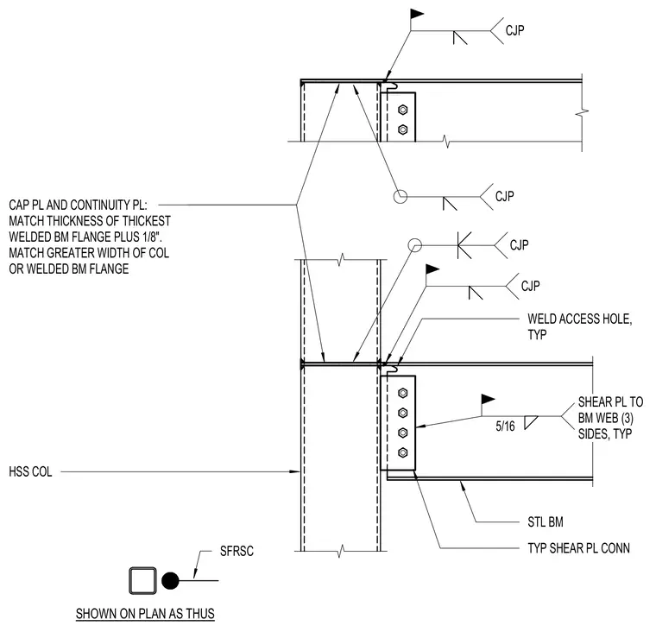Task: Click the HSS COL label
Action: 30,472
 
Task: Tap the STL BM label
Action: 546,522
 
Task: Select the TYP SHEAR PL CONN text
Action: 578,548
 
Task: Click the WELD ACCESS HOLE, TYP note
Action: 579,327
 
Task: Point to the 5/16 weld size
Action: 505,426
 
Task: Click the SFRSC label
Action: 237,551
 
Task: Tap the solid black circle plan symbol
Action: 170,580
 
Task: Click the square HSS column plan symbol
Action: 142,580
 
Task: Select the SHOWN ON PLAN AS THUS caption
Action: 145,614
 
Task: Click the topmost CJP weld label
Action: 514,30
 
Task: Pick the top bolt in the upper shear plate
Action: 403,110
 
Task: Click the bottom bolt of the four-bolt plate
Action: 403,452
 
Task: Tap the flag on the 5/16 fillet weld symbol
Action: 488,399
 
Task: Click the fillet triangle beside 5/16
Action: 529,422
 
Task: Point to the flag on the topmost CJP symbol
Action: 417,14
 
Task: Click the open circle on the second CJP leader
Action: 401,196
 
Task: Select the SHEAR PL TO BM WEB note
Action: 610,418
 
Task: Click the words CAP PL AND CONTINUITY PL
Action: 78,205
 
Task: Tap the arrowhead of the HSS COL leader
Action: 295,471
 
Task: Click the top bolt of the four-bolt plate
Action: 403,393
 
